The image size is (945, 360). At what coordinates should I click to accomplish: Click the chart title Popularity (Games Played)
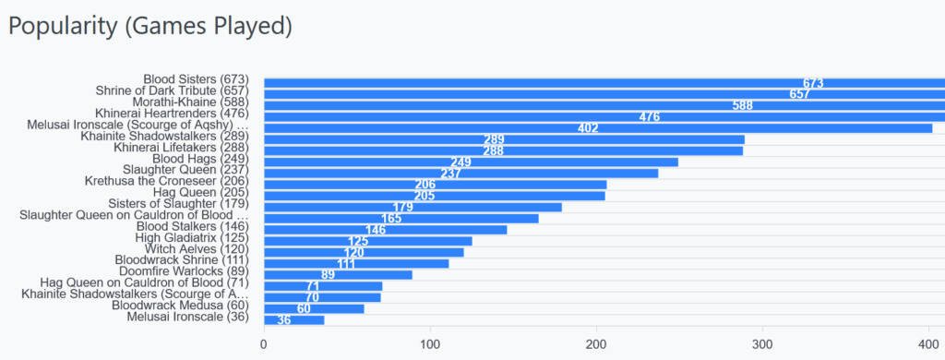[x=150, y=28]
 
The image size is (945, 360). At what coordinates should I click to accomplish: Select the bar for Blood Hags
[x=472, y=162]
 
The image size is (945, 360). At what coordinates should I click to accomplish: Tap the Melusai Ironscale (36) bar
[x=294, y=320]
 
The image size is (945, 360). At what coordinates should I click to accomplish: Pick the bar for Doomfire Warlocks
[x=338, y=275]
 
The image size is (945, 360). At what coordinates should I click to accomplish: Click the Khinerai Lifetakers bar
[x=503, y=150]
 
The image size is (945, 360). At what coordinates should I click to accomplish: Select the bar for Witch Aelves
[x=364, y=253]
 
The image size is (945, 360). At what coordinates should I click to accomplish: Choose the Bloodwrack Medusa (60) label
[x=180, y=305]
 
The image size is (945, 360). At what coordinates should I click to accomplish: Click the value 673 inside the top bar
[x=813, y=84]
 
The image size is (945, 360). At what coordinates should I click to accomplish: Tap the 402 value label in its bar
[x=588, y=128]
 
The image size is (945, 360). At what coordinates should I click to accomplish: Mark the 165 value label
[x=391, y=218]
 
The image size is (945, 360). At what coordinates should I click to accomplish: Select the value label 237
[x=450, y=174]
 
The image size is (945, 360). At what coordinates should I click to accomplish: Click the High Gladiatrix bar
[x=367, y=241]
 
